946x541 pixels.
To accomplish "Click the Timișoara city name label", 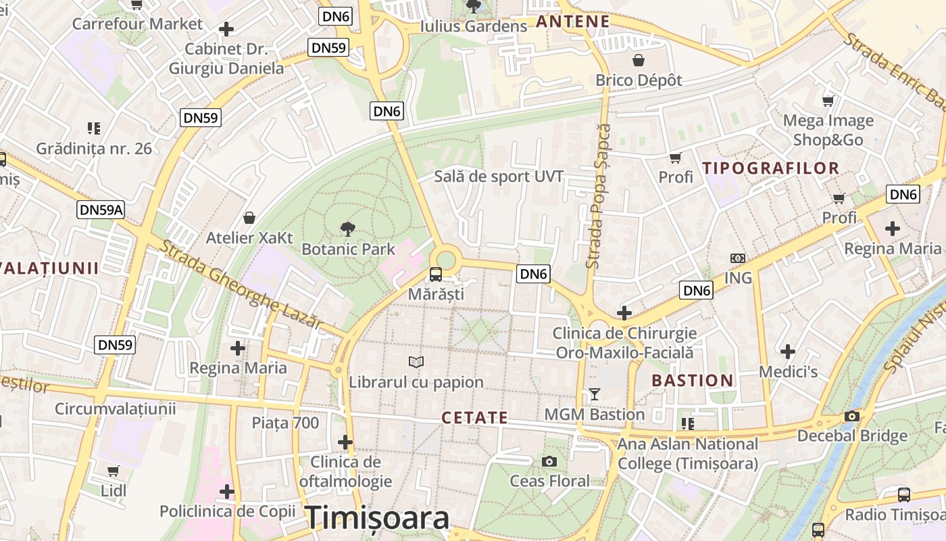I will coord(377,518).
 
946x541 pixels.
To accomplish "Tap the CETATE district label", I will coord(474,418).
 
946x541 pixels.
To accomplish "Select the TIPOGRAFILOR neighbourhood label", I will coord(771,168).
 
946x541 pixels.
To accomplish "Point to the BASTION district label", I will coord(693,381).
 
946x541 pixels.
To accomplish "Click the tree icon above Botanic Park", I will coord(348,229).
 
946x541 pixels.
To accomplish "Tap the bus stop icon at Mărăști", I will coord(436,275).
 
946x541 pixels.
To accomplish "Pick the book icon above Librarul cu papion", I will coord(416,362).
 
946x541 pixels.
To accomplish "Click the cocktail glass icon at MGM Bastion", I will coord(595,394).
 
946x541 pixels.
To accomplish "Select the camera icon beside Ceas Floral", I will coord(549,461).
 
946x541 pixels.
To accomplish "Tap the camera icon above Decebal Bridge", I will coord(852,416).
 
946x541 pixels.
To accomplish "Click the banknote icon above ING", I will coord(738,258).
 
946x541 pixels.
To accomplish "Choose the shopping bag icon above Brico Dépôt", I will coord(639,60).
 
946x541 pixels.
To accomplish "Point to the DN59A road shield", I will coord(101,210).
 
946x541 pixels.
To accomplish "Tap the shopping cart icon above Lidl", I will coord(114,471).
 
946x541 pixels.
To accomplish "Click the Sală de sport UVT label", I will coord(498,177).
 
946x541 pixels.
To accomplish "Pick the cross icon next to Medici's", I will coord(787,352).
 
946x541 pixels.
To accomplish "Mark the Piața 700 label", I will coord(285,423).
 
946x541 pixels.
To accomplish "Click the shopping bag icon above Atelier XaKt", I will coord(249,218).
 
